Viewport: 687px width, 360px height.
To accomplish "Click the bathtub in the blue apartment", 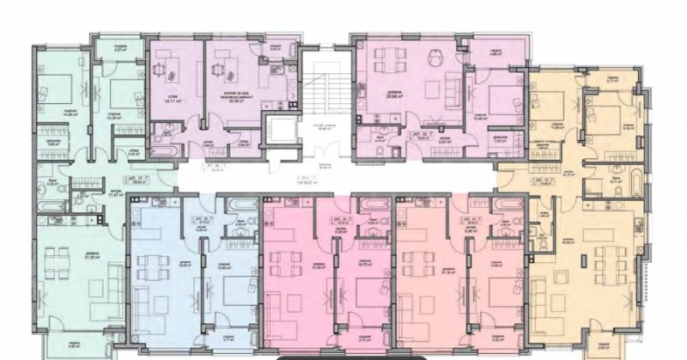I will pyautogui.click(x=237, y=204).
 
